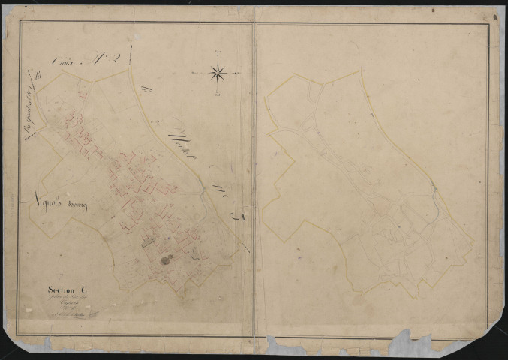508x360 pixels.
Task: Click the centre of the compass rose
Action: (218, 73)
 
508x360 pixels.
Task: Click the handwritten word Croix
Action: (65, 61)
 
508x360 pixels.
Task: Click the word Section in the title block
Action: (56, 291)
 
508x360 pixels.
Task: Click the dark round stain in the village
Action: (165, 260)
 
